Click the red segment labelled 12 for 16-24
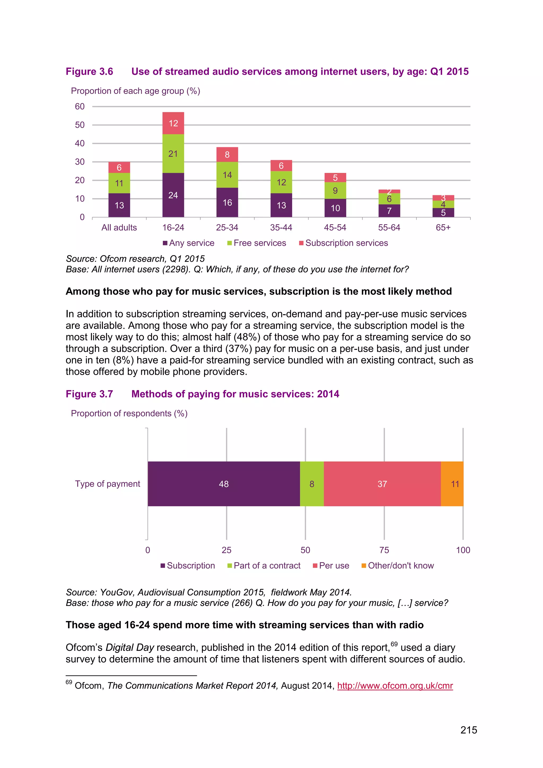(x=173, y=123)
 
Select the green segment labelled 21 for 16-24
(x=173, y=154)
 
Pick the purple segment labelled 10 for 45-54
(x=335, y=208)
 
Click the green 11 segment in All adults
(x=119, y=183)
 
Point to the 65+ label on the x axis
(x=443, y=228)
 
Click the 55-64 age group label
(x=389, y=228)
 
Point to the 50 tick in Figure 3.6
(x=80, y=125)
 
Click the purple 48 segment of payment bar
(x=224, y=484)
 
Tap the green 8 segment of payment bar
(x=312, y=484)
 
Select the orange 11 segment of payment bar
(x=452, y=484)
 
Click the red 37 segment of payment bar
(x=382, y=484)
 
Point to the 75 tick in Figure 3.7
(x=384, y=550)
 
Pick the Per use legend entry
(x=331, y=566)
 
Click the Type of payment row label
(x=107, y=484)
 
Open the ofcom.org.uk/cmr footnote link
(x=395, y=686)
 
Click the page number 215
(x=468, y=730)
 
